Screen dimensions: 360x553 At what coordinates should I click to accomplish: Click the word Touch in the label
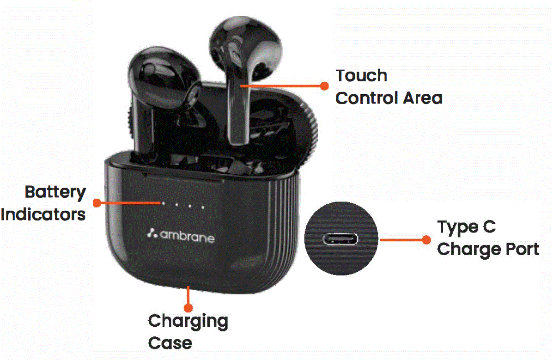[x=361, y=75]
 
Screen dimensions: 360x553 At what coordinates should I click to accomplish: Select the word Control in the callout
[x=366, y=98]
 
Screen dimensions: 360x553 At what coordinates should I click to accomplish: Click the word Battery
[x=55, y=192]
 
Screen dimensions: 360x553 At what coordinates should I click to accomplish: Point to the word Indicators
[x=43, y=214]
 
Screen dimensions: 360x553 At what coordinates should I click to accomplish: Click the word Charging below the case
[x=188, y=321]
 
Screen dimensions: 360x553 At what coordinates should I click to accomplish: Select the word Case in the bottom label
[x=170, y=343]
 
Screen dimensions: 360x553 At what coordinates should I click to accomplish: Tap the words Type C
[x=466, y=227]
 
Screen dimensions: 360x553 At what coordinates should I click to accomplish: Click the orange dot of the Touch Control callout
[x=324, y=86]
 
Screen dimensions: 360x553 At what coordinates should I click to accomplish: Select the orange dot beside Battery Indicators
[x=97, y=202]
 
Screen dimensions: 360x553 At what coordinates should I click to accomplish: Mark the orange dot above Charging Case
[x=188, y=307]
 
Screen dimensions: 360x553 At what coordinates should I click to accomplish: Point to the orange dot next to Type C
[x=426, y=239]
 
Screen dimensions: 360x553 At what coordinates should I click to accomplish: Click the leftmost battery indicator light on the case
[x=163, y=202]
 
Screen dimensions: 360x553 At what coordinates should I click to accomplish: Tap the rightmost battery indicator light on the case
[x=202, y=207]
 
